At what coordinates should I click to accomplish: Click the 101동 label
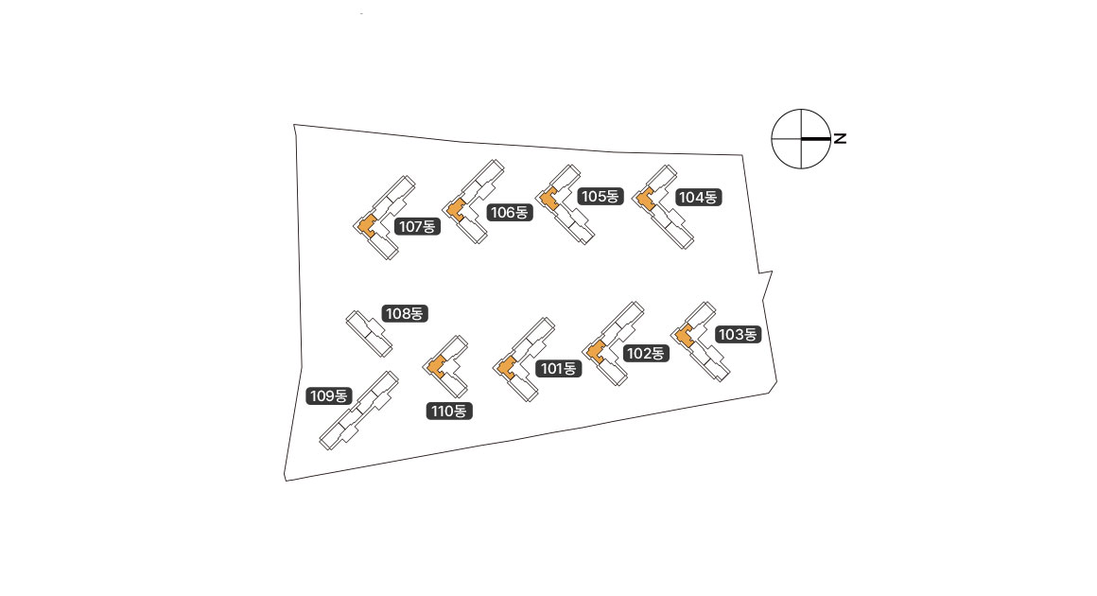(x=558, y=369)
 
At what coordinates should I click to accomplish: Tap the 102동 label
(x=646, y=354)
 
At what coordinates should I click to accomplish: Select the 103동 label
(x=738, y=334)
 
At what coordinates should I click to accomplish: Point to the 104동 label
(x=698, y=198)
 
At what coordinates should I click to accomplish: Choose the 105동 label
(x=601, y=197)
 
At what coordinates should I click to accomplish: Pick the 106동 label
(x=509, y=213)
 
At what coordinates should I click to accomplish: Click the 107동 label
(x=417, y=227)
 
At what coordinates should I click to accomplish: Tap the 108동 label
(x=405, y=313)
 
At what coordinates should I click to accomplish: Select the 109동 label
(x=329, y=396)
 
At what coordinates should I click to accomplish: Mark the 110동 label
(x=449, y=412)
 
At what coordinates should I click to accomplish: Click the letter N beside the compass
(x=840, y=139)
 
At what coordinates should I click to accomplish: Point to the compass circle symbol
(x=801, y=139)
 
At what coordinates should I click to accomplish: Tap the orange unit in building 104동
(x=645, y=200)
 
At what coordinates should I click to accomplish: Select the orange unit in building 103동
(x=684, y=335)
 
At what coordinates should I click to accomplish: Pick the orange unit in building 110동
(x=437, y=366)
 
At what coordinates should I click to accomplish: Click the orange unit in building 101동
(x=507, y=366)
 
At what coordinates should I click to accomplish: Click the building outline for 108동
(x=368, y=333)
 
